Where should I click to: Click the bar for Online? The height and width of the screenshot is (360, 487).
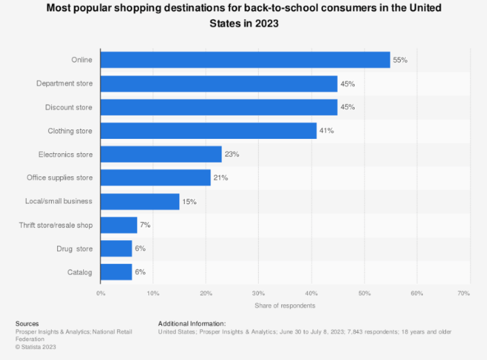[245, 60]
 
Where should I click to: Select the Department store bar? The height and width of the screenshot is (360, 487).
[219, 84]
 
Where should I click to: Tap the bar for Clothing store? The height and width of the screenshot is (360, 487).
[208, 131]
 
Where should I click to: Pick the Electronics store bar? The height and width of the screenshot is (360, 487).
[161, 154]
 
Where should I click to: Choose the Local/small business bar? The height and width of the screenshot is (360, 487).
[140, 201]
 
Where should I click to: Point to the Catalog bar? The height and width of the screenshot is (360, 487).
[116, 272]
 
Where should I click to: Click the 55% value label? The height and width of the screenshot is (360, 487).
[400, 60]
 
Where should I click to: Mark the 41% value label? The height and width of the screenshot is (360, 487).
[326, 131]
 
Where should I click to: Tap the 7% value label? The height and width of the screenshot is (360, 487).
[145, 225]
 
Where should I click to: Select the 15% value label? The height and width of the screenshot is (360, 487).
[189, 201]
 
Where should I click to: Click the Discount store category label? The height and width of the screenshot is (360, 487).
[69, 108]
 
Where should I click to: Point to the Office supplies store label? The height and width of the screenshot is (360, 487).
[60, 178]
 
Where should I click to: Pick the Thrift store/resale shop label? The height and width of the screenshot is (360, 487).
[56, 225]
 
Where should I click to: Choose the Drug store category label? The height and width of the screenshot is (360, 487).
[74, 249]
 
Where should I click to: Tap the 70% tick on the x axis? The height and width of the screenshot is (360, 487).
[464, 293]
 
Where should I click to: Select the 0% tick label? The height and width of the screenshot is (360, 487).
[101, 293]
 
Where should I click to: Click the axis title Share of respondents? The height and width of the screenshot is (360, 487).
[285, 306]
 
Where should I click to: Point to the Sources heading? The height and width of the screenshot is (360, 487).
[27, 323]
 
